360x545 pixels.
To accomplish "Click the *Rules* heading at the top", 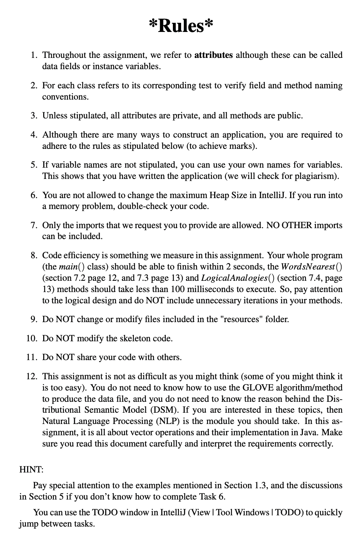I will tap(180, 26).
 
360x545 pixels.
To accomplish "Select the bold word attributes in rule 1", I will tap(213, 55).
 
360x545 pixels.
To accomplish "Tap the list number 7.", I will tap(33, 226).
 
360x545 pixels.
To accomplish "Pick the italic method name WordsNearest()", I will tap(312, 267).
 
